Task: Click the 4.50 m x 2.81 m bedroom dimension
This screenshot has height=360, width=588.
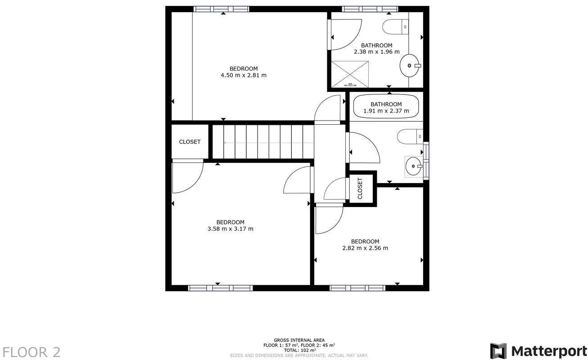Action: (x=243, y=75)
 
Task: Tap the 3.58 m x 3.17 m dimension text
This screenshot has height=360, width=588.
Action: (x=230, y=229)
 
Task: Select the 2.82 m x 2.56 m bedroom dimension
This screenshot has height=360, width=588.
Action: (x=365, y=248)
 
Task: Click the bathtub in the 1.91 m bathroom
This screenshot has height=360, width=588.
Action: (x=386, y=107)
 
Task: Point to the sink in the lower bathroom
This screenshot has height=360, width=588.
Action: (x=413, y=166)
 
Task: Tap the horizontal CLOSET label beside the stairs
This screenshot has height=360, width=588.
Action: (x=190, y=142)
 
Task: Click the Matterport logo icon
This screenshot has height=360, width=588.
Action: (x=498, y=351)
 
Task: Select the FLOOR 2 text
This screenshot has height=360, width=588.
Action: (x=32, y=352)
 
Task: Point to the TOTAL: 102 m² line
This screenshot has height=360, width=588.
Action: (x=299, y=350)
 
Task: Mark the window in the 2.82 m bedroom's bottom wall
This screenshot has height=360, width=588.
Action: (x=357, y=288)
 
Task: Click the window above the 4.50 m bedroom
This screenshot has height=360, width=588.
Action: (x=221, y=9)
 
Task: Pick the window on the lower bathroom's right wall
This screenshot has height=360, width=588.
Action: (x=426, y=161)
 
